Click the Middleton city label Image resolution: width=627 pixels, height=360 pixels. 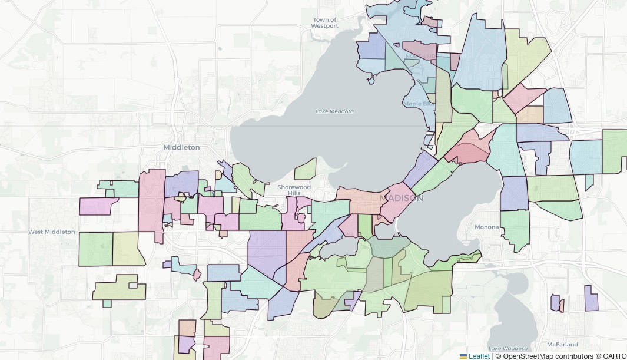tap(181, 147)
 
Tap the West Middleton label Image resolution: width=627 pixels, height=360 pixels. tap(52, 232)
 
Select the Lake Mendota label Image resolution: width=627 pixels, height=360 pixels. tap(334, 111)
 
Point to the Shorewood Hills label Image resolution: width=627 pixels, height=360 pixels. tap(293, 190)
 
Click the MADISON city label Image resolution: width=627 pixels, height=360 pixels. tap(402, 198)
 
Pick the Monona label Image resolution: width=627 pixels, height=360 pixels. tap(487, 227)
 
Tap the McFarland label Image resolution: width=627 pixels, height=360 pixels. tap(562, 344)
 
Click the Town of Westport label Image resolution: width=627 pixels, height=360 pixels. tap(325, 23)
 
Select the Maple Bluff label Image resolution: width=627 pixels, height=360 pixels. tap(419, 104)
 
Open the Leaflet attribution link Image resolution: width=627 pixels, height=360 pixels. tap(479, 356)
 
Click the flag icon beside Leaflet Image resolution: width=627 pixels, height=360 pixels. tap(463, 356)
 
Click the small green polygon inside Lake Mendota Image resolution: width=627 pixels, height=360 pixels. tap(305, 169)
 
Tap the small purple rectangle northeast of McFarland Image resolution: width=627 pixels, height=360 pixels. tap(591, 298)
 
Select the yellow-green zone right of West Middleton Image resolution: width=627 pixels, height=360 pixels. tap(127, 249)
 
